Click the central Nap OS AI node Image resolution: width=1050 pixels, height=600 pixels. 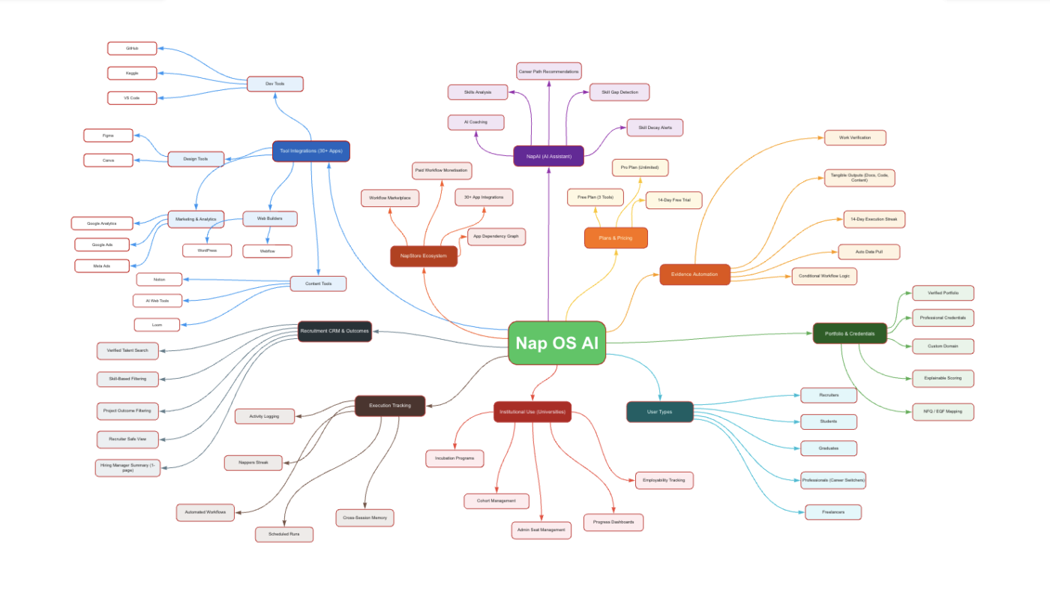click(556, 343)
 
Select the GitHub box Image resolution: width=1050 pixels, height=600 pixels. click(132, 48)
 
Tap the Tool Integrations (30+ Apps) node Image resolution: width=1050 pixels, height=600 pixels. click(310, 151)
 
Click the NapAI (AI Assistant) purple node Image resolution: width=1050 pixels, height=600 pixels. click(549, 156)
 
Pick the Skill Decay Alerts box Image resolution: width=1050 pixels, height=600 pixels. click(655, 127)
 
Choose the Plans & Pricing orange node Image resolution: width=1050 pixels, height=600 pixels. click(616, 238)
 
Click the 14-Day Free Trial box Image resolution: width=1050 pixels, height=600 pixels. click(673, 200)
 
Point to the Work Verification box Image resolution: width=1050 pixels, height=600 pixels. click(855, 137)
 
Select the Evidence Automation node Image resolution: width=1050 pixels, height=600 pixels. click(694, 274)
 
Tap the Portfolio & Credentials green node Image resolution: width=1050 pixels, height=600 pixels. click(850, 333)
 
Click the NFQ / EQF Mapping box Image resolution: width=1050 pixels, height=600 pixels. click(943, 411)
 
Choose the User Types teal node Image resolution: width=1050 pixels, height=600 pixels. click(659, 412)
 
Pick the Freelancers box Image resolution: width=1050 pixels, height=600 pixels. click(832, 512)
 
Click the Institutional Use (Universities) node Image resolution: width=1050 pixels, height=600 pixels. click(532, 412)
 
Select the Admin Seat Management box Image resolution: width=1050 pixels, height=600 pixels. click(541, 529)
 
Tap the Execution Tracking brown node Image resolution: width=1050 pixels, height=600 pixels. click(390, 406)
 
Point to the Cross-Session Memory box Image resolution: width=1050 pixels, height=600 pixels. click(364, 517)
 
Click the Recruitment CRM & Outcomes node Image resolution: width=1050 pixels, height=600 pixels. click(334, 331)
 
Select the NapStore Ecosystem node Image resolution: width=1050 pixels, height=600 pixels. click(424, 256)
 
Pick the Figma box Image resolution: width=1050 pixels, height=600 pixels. click(108, 136)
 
